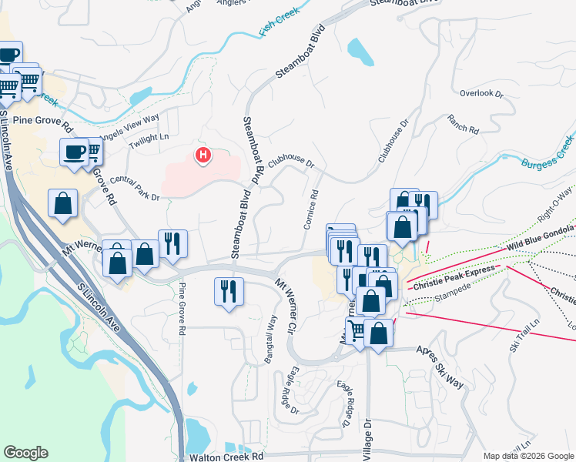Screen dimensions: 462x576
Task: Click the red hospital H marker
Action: click(203, 156)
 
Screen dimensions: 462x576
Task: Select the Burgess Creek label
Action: click(548, 153)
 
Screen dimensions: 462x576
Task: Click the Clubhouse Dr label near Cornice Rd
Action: click(292, 159)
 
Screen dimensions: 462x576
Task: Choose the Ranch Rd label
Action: click(463, 125)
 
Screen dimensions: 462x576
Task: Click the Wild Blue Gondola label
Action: click(541, 239)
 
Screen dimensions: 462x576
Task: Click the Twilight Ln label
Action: click(149, 136)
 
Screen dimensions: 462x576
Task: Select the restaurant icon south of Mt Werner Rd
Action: click(228, 291)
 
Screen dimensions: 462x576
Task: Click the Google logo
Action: click(25, 453)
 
